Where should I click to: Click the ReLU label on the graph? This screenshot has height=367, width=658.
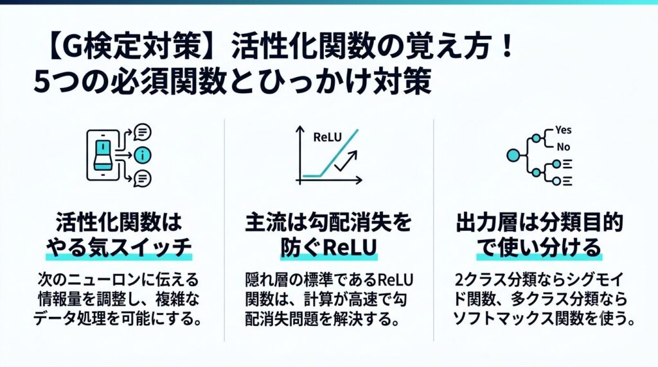(327, 137)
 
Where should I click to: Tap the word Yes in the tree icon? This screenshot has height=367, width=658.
(563, 130)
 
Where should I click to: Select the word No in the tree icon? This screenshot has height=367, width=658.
(563, 147)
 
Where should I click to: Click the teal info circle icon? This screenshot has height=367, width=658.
(143, 155)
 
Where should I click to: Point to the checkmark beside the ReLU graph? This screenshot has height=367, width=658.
(346, 161)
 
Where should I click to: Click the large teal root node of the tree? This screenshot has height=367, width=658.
(513, 155)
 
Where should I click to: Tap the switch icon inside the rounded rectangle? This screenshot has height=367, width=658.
(103, 155)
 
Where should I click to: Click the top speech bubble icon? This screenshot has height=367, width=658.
(142, 132)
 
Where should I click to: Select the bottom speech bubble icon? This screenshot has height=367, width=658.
(142, 179)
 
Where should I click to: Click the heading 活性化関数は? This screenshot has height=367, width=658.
(119, 223)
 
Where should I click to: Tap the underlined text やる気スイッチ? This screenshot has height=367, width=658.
(119, 248)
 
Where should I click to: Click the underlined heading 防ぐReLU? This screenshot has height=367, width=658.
(328, 248)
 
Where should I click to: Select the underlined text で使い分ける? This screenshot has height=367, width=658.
(539, 248)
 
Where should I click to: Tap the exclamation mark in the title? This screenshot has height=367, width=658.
(508, 46)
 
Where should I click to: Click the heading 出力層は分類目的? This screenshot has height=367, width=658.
(539, 223)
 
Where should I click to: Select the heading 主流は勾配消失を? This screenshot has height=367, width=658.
(328, 223)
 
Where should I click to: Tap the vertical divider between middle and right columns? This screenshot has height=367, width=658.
(434, 230)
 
